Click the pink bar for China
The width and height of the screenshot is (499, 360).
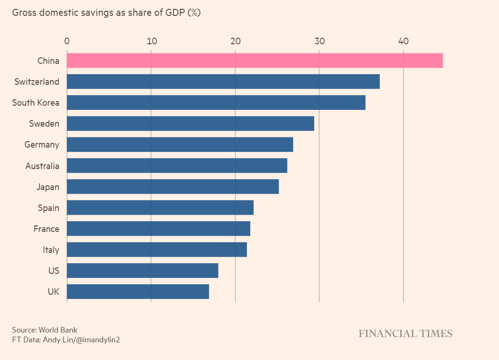pyautogui.click(x=254, y=61)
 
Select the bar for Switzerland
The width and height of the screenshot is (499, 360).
pyautogui.click(x=223, y=82)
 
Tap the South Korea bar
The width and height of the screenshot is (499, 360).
pyautogui.click(x=216, y=102)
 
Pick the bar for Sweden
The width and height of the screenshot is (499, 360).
pyautogui.click(x=190, y=123)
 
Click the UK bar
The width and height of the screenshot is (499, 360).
pyautogui.click(x=138, y=292)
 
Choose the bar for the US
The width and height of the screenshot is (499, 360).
pyautogui.click(x=143, y=271)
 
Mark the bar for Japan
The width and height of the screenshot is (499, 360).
pyautogui.click(x=172, y=187)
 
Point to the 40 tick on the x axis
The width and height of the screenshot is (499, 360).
pyautogui.click(x=403, y=41)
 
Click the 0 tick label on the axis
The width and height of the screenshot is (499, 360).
pyautogui.click(x=67, y=41)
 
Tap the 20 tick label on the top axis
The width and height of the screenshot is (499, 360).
pyautogui.click(x=235, y=41)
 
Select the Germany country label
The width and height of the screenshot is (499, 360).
pyautogui.click(x=42, y=145)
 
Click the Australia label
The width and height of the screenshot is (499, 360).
pyautogui.click(x=42, y=166)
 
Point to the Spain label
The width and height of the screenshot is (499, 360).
pyautogui.click(x=48, y=208)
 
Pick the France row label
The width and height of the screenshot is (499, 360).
pyautogui.click(x=46, y=229)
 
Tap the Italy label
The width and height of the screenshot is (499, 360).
pyautogui.click(x=51, y=250)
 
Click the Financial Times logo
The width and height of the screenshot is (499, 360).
pyautogui.click(x=405, y=333)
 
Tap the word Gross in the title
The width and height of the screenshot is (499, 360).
pyautogui.click(x=23, y=13)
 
